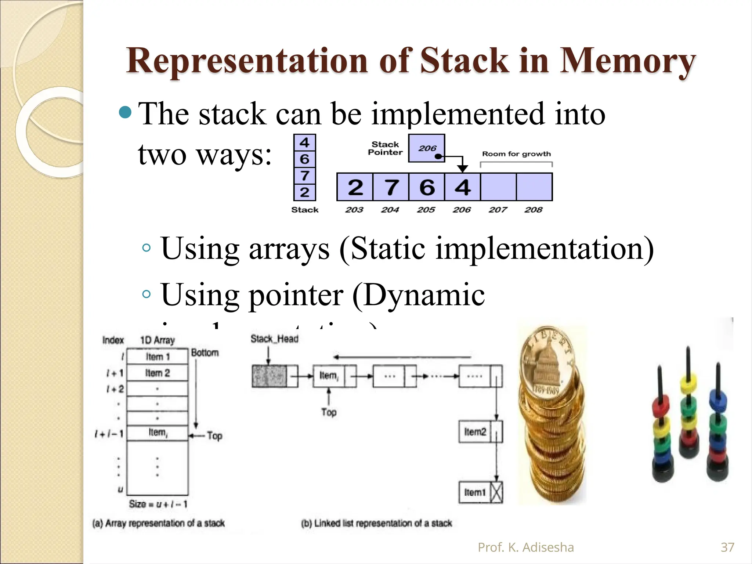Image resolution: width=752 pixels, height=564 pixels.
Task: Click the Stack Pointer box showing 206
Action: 427,148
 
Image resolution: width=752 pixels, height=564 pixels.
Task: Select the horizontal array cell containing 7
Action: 391,187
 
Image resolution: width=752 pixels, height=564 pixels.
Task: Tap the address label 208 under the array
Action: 533,210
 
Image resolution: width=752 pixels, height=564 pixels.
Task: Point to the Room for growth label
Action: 516,154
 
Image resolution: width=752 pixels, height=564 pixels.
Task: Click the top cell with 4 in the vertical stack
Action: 304,142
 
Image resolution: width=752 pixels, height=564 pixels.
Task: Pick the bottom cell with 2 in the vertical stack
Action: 304,192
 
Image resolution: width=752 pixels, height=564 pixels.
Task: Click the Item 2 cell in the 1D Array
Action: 158,373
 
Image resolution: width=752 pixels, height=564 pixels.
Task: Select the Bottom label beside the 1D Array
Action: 205,353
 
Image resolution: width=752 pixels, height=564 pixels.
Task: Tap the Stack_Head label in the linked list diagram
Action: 274,339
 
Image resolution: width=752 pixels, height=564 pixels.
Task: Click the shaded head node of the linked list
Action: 269,376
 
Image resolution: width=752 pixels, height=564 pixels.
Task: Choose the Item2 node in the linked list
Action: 475,432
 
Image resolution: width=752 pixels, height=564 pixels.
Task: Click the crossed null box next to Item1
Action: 496,492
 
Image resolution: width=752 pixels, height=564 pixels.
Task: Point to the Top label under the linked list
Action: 329,412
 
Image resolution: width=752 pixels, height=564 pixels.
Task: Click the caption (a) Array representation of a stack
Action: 158,523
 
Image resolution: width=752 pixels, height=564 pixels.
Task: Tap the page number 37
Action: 727,547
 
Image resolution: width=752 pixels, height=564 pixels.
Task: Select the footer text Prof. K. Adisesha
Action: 525,547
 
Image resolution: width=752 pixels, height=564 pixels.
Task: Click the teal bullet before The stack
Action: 126,113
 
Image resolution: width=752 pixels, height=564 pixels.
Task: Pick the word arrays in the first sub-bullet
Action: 289,249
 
